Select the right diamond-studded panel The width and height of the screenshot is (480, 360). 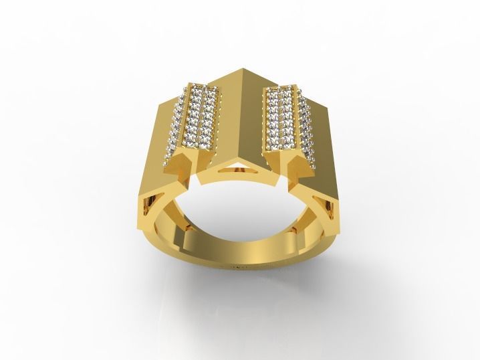283,120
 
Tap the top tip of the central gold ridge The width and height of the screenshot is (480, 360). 239,68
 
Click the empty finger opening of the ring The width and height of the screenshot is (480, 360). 241,214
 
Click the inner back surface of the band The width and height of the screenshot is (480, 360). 241,251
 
